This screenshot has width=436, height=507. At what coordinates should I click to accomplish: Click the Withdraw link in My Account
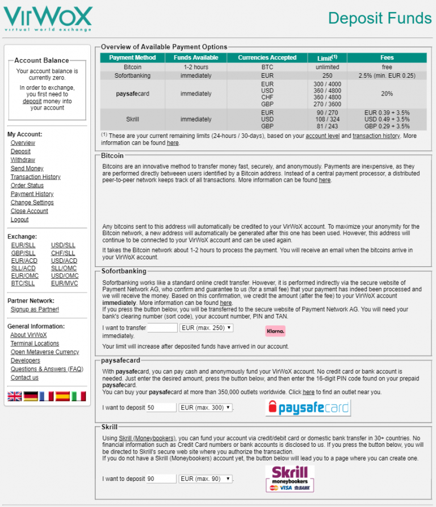click(23, 160)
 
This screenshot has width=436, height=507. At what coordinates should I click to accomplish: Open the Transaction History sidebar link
click(35, 177)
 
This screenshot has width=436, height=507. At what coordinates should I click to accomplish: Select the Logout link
click(19, 220)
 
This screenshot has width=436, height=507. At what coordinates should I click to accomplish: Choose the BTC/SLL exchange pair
click(23, 283)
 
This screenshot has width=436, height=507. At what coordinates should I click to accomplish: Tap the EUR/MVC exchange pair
click(64, 283)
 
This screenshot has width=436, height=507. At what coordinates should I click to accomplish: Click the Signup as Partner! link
click(35, 309)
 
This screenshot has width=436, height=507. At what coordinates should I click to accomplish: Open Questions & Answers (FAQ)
click(47, 369)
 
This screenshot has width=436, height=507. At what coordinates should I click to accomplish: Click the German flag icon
click(31, 396)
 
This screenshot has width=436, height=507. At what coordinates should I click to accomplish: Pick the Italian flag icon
click(78, 396)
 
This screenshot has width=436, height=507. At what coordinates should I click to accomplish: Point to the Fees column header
click(387, 58)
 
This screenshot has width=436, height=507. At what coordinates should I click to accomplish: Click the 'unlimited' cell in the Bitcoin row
click(327, 67)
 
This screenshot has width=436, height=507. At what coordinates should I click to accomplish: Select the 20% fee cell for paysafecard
click(387, 94)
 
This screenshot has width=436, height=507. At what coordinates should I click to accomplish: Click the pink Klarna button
click(275, 330)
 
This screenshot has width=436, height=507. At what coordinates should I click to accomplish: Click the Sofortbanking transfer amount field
click(162, 328)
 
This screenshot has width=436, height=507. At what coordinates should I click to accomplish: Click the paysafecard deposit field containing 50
click(161, 408)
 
